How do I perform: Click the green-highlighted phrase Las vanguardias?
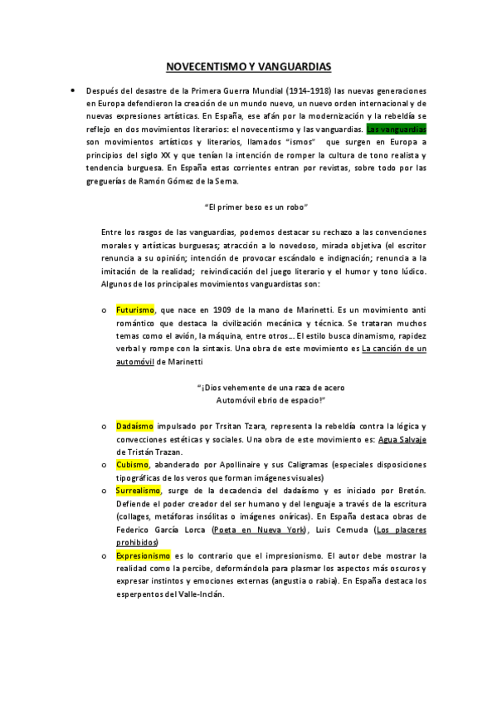click(x=397, y=130)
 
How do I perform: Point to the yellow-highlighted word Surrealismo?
click(x=139, y=491)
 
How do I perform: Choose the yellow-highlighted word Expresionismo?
click(x=144, y=555)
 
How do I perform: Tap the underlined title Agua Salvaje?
click(x=402, y=439)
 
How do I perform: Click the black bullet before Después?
click(x=73, y=90)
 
